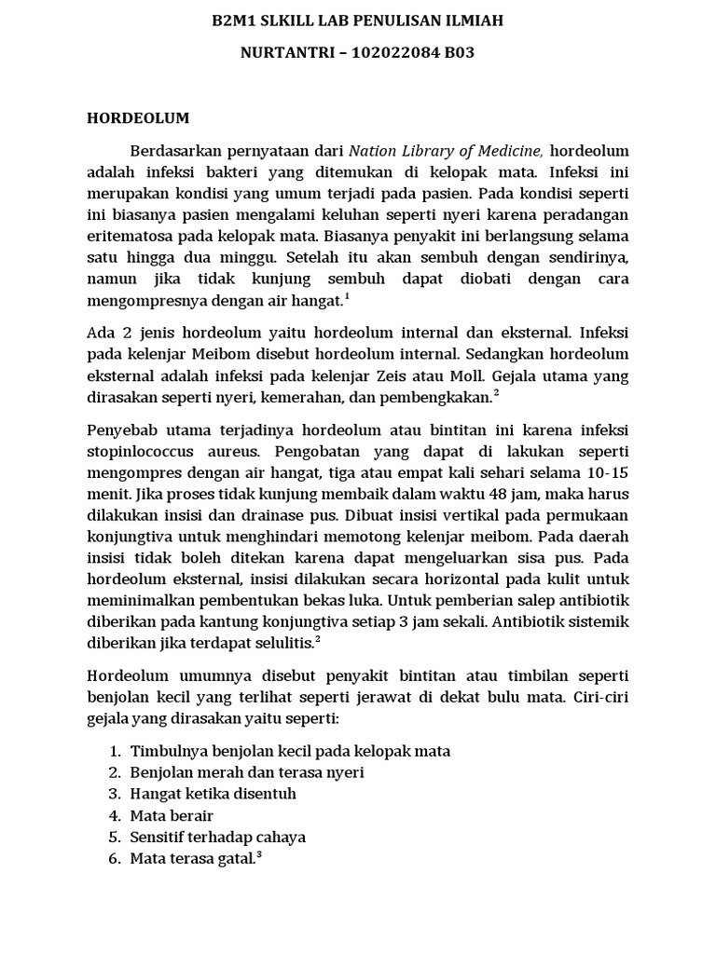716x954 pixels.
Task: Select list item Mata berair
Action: tap(172, 815)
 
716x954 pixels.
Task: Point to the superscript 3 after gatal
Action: tap(258, 854)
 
